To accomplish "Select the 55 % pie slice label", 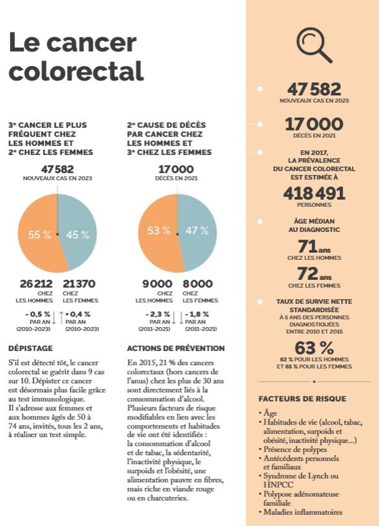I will click(40, 235).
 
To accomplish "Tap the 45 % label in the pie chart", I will click(78, 235).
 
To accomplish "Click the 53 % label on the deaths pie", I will click(159, 231).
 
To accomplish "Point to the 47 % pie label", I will click(197, 231).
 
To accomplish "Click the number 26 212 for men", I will click(36, 284).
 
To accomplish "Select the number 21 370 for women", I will click(79, 284).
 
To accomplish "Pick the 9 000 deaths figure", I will click(157, 284).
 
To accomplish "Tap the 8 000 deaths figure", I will click(198, 284).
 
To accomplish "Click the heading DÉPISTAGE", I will click(31, 348).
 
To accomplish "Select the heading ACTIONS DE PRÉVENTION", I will click(176, 348).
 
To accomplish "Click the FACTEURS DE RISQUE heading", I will click(302, 399).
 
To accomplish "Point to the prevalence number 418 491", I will click(314, 193).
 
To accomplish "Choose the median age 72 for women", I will click(308, 274).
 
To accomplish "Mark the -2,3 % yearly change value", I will click(157, 314).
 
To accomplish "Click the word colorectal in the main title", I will click(76, 71).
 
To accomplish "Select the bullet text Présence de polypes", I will click(295, 449).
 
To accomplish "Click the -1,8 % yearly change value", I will click(197, 314).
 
